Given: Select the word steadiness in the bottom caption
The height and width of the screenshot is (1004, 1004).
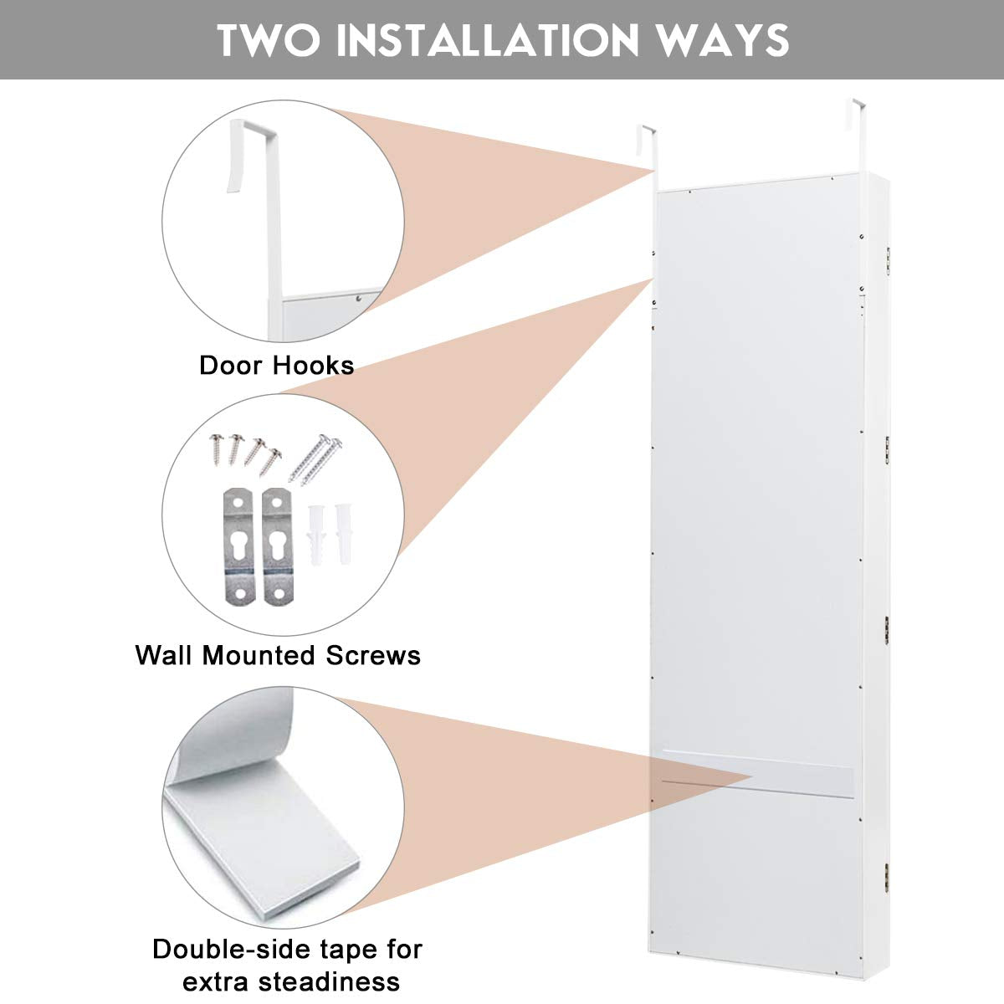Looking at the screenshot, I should pyautogui.click(x=335, y=981).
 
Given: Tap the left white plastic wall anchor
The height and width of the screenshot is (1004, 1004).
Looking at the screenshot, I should pyautogui.click(x=316, y=533).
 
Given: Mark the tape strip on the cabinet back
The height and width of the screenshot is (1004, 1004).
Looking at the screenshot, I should pyautogui.click(x=757, y=771).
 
